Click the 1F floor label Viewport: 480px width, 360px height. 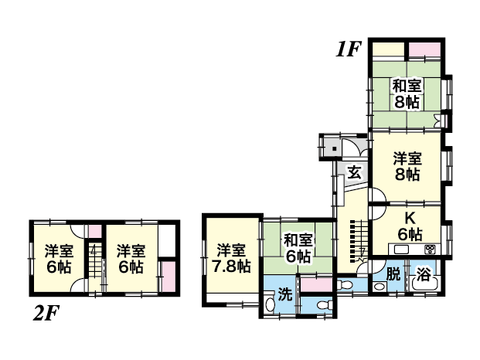pyautogui.click(x=348, y=49)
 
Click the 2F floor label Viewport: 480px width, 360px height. pyautogui.click(x=46, y=312)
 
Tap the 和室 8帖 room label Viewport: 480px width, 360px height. pyautogui.click(x=407, y=93)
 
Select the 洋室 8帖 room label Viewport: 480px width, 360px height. pyautogui.click(x=407, y=167)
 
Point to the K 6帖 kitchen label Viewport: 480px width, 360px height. pyautogui.click(x=410, y=226)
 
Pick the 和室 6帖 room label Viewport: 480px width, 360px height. pyautogui.click(x=298, y=248)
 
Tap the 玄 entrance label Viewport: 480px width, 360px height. pyautogui.click(x=355, y=173)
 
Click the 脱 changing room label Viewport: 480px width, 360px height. pyautogui.click(x=393, y=273)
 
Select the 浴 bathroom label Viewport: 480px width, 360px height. pyautogui.click(x=424, y=273)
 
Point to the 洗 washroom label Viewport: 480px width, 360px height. pyautogui.click(x=285, y=294)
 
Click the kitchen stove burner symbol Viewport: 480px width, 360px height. pyautogui.click(x=429, y=250)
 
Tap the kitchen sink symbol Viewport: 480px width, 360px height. pyautogui.click(x=401, y=250)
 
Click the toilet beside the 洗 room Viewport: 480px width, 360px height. pyautogui.click(x=325, y=304)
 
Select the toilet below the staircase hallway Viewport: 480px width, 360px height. pyautogui.click(x=345, y=285)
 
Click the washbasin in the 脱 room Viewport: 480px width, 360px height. pyautogui.click(x=380, y=287)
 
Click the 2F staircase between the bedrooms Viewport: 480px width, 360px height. pyautogui.click(x=95, y=263)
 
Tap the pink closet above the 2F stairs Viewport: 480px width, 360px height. pyautogui.click(x=95, y=231)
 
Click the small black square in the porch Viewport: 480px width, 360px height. pyautogui.click(x=334, y=149)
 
